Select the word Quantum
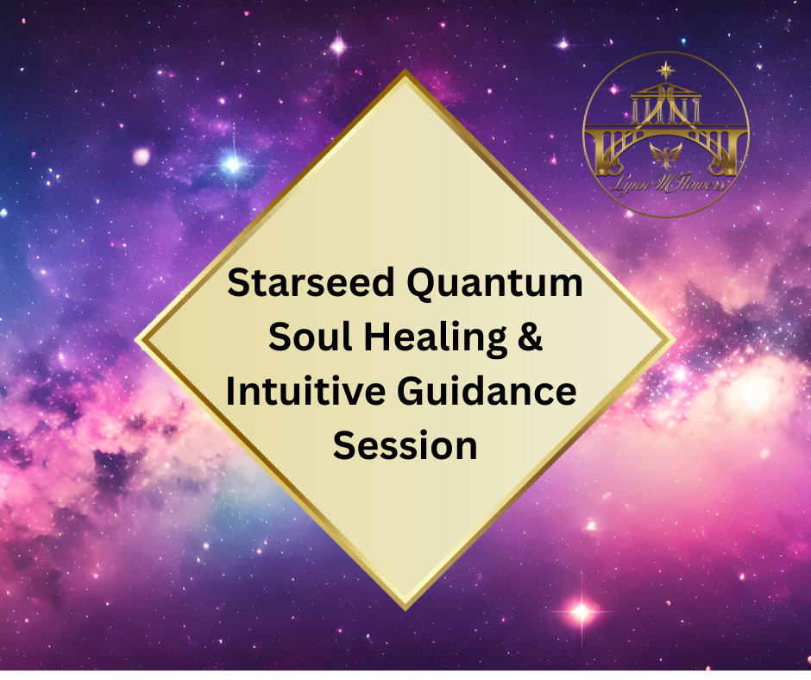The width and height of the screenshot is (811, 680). (495, 285)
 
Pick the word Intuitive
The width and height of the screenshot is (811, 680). (305, 391)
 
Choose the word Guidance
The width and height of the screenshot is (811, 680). (487, 391)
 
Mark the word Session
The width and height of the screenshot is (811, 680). (405, 445)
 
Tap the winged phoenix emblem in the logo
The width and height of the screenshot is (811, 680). (666, 154)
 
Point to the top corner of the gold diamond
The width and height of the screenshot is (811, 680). (405, 70)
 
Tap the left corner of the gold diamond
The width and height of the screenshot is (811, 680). (135, 341)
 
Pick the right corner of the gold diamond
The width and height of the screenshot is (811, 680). (676, 341)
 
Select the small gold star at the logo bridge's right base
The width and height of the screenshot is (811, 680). (730, 171)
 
